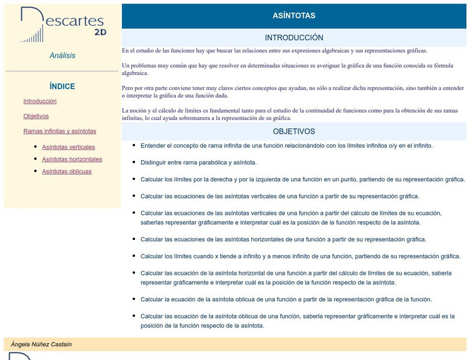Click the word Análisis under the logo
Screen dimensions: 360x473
pos(62,56)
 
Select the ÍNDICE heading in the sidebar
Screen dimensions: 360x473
pos(62,86)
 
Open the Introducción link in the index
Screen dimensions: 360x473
pos(40,101)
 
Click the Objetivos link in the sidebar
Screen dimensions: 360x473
pos(36,116)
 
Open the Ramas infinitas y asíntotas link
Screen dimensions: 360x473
pos(59,131)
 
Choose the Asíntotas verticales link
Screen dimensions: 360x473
pos(68,147)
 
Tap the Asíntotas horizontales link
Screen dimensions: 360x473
pos(72,159)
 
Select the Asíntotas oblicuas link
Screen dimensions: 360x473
pos(67,172)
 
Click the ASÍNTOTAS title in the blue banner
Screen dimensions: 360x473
pos(294,16)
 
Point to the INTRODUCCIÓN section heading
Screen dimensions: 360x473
pos(294,38)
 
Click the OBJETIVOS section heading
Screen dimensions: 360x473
pos(294,131)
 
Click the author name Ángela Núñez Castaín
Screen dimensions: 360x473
pos(41,344)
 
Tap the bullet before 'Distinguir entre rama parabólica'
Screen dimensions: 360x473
pos(133,162)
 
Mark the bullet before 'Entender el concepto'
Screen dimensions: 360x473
pos(133,145)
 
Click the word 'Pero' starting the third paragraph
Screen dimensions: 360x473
pos(128,88)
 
